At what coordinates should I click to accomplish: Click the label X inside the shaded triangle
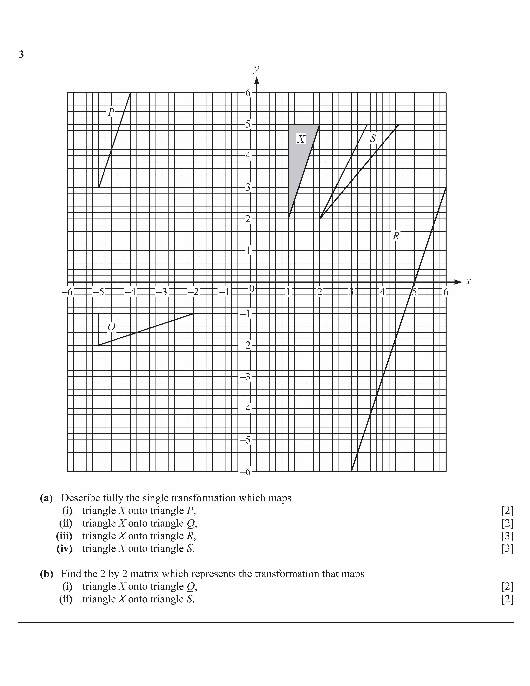(x=301, y=139)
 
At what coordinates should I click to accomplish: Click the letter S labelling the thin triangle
(x=373, y=138)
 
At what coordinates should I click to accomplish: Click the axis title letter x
(x=468, y=282)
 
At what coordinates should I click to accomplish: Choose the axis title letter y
(x=257, y=69)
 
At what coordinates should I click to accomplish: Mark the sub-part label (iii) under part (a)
(x=64, y=536)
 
